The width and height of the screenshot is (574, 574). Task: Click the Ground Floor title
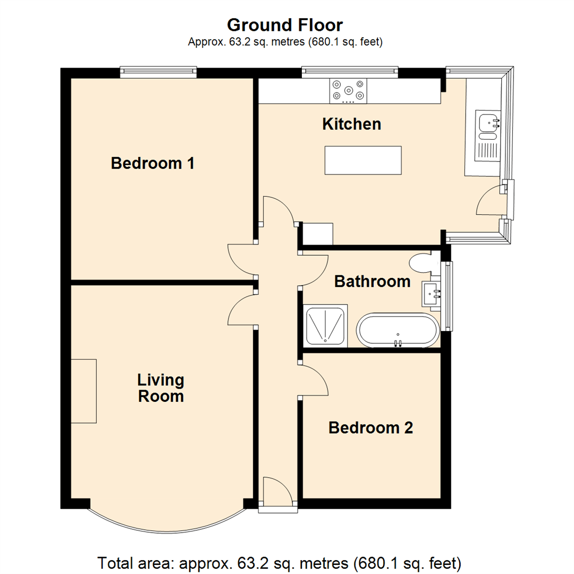tap(285, 26)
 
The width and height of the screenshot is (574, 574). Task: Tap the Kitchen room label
tap(352, 124)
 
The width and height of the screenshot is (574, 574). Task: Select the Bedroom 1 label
tap(153, 163)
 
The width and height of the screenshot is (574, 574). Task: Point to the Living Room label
tap(161, 388)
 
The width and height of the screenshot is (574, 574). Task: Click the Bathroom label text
tap(372, 282)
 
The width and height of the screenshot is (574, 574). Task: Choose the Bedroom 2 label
tap(370, 427)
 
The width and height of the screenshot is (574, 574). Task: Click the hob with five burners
tap(348, 91)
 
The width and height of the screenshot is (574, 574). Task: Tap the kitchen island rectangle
tap(363, 161)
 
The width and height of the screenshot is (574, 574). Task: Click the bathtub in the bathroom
tap(398, 330)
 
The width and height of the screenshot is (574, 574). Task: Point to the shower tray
tap(325, 326)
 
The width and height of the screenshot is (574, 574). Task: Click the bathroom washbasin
tap(431, 293)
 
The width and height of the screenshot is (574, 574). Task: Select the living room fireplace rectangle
tap(84, 391)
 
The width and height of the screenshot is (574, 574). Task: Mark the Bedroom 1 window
tap(158, 72)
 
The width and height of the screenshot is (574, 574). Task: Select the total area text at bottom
tap(280, 563)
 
